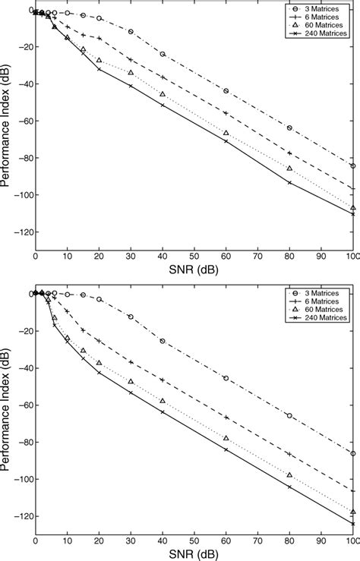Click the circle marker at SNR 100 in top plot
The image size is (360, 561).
tap(352, 165)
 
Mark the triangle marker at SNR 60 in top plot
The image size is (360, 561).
tap(226, 133)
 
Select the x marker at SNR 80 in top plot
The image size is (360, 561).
tap(289, 182)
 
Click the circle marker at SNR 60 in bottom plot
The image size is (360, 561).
tap(226, 378)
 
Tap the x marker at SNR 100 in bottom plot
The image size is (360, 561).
tap(352, 523)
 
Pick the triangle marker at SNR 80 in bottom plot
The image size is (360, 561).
tap(289, 475)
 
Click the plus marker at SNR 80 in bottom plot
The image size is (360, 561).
tap(289, 454)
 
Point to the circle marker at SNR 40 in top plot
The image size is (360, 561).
tap(163, 54)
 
